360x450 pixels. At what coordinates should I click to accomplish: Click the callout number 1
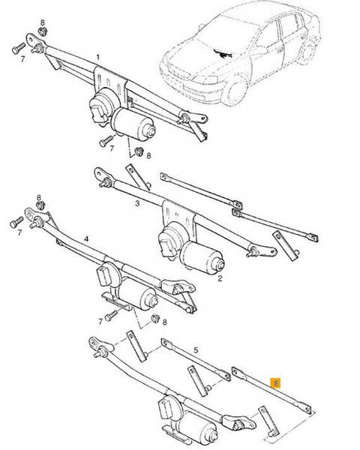coord(97,57)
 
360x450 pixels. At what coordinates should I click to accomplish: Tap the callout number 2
coord(220,278)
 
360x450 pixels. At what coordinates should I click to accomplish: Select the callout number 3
coord(137,203)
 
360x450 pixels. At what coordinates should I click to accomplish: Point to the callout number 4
coord(86,238)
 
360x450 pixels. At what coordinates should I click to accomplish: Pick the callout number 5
coord(196,350)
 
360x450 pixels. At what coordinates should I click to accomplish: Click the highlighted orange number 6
coord(276,383)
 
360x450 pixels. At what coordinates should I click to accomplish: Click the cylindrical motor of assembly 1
coord(133,124)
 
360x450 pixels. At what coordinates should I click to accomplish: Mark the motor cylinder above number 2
coord(203,256)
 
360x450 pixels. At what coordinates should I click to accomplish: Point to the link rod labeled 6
coord(271,390)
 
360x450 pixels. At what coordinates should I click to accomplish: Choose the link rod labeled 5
coord(196,359)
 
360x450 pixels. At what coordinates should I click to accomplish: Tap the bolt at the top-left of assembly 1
coord(19,49)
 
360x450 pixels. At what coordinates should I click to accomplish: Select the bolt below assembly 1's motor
coord(106,141)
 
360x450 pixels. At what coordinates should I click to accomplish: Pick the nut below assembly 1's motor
coord(139,151)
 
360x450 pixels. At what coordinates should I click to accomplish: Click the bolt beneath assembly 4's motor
coord(112,315)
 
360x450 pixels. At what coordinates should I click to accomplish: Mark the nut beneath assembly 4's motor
coord(155,318)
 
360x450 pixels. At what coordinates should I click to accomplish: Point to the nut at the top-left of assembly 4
coord(41,205)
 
